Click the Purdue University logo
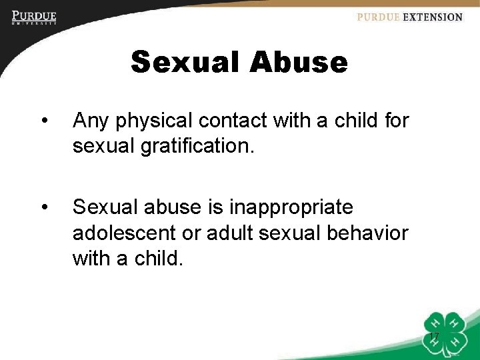point(33,17)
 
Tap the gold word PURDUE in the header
point(378,17)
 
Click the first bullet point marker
point(45,121)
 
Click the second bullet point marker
point(45,208)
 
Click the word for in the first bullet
point(395,121)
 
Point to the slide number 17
point(434,335)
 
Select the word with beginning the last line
point(93,257)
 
